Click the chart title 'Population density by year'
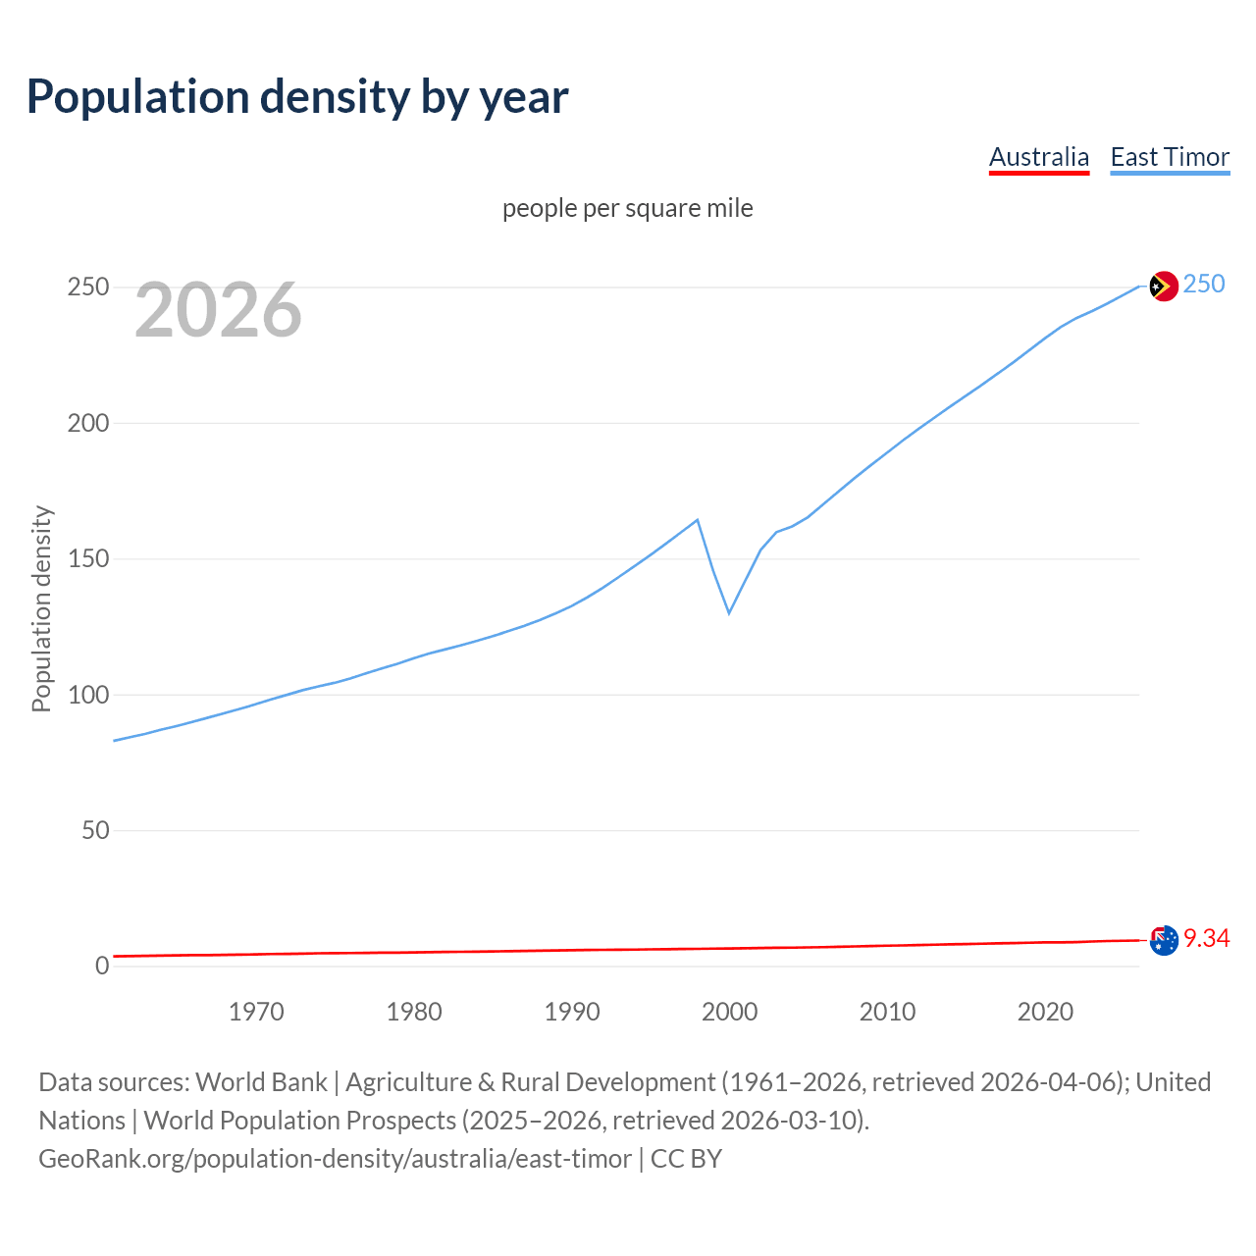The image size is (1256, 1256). coord(297,96)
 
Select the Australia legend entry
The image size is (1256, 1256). coord(1038,157)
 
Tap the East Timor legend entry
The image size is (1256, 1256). coord(1170,157)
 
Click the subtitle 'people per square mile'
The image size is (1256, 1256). coord(627,208)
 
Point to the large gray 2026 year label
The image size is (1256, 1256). coord(218,310)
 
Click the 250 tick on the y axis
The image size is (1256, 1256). coord(87,288)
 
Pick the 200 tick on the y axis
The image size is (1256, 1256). coord(87,423)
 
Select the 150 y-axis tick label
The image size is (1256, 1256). coord(87,559)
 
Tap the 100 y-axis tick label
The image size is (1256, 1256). coord(87,695)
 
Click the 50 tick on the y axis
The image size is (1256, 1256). coord(95,830)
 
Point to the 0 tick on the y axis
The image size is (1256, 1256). coord(102,966)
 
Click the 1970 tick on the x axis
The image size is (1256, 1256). coord(256,1012)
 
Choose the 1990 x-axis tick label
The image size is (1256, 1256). coord(572,1012)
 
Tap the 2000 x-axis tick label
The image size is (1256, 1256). coord(730,1012)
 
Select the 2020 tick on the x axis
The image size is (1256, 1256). coord(1045,1012)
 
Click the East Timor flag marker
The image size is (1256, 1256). coord(1163,286)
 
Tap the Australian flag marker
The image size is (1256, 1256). coord(1163,940)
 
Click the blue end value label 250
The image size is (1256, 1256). coord(1204,285)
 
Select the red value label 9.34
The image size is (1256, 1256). coord(1206,939)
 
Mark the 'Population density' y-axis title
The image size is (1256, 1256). coord(41,608)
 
